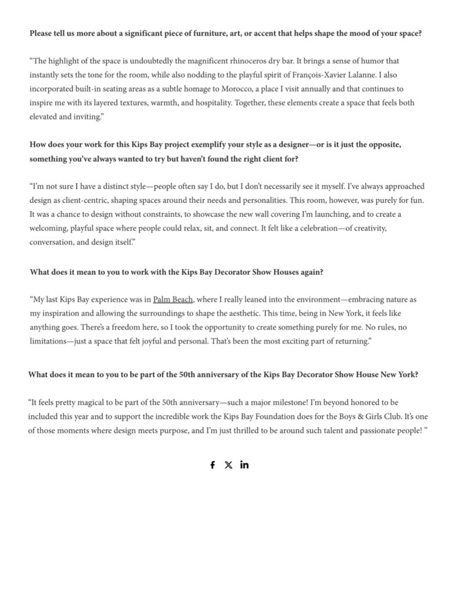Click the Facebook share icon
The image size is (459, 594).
(212, 465)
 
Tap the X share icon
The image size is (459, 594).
(229, 465)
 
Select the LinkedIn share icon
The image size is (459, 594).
(244, 465)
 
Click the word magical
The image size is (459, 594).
(99, 401)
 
